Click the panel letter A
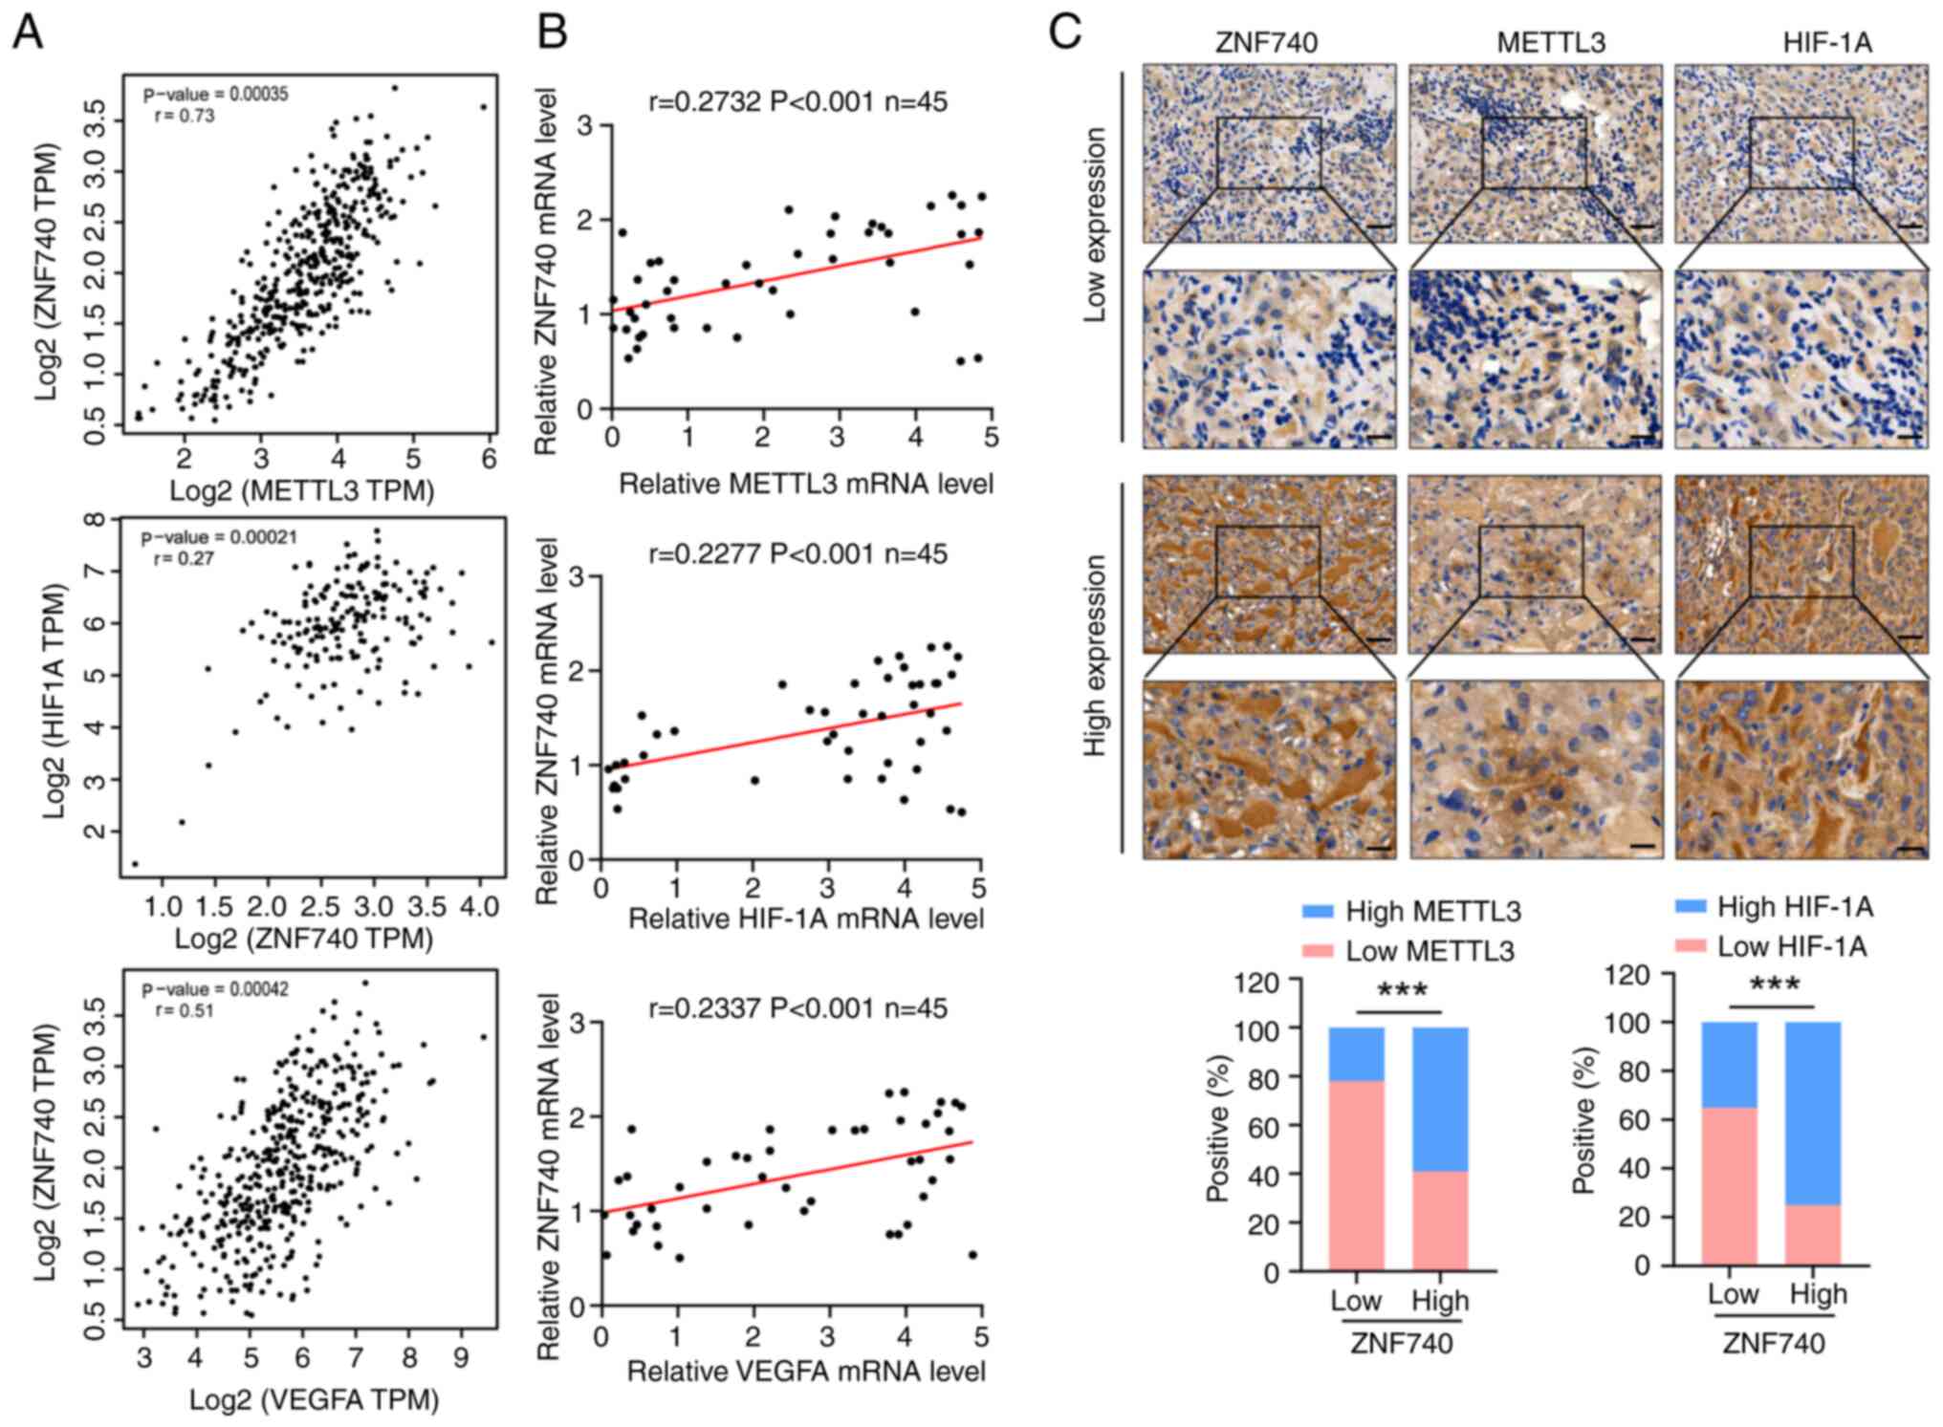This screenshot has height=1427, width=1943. (28, 33)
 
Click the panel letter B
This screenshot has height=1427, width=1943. (553, 33)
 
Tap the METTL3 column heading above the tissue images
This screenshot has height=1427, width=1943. (1550, 43)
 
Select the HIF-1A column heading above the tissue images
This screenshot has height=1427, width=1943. (1826, 43)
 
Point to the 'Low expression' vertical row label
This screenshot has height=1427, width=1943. (1096, 226)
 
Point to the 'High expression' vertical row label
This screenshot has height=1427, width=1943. (1096, 656)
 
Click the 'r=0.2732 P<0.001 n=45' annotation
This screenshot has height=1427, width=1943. (797, 101)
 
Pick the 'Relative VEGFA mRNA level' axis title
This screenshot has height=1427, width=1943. (805, 1372)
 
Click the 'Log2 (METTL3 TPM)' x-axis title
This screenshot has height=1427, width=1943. (302, 490)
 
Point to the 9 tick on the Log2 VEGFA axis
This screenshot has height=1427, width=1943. (462, 1358)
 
